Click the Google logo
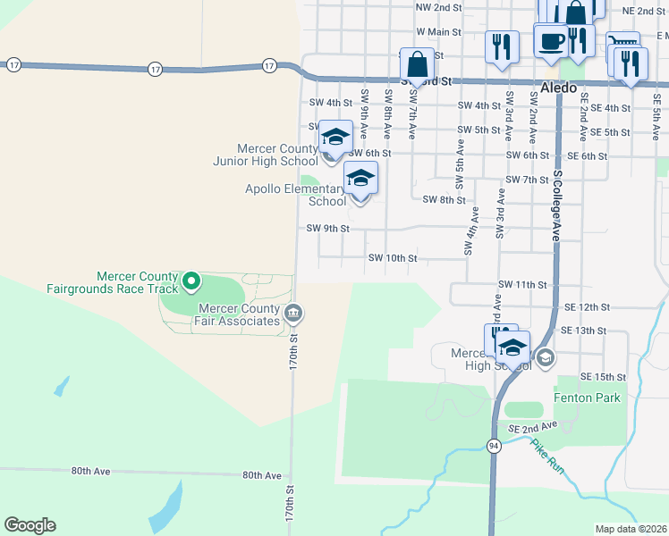pyautogui.click(x=30, y=525)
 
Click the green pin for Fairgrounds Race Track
pyautogui.click(x=191, y=282)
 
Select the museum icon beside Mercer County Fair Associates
pyautogui.click(x=293, y=313)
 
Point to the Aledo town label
pyautogui.click(x=559, y=88)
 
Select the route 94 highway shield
pyautogui.click(x=494, y=445)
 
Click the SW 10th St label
pyautogui.click(x=393, y=258)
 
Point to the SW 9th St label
pyautogui.click(x=326, y=229)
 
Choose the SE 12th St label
pyautogui.click(x=586, y=306)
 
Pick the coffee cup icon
pyautogui.click(x=550, y=39)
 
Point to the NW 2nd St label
pyautogui.click(x=438, y=6)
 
